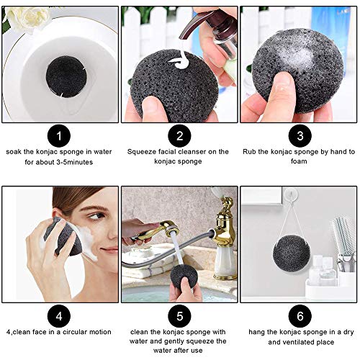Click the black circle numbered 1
coord(60,135)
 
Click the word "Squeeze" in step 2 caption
coord(144,151)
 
